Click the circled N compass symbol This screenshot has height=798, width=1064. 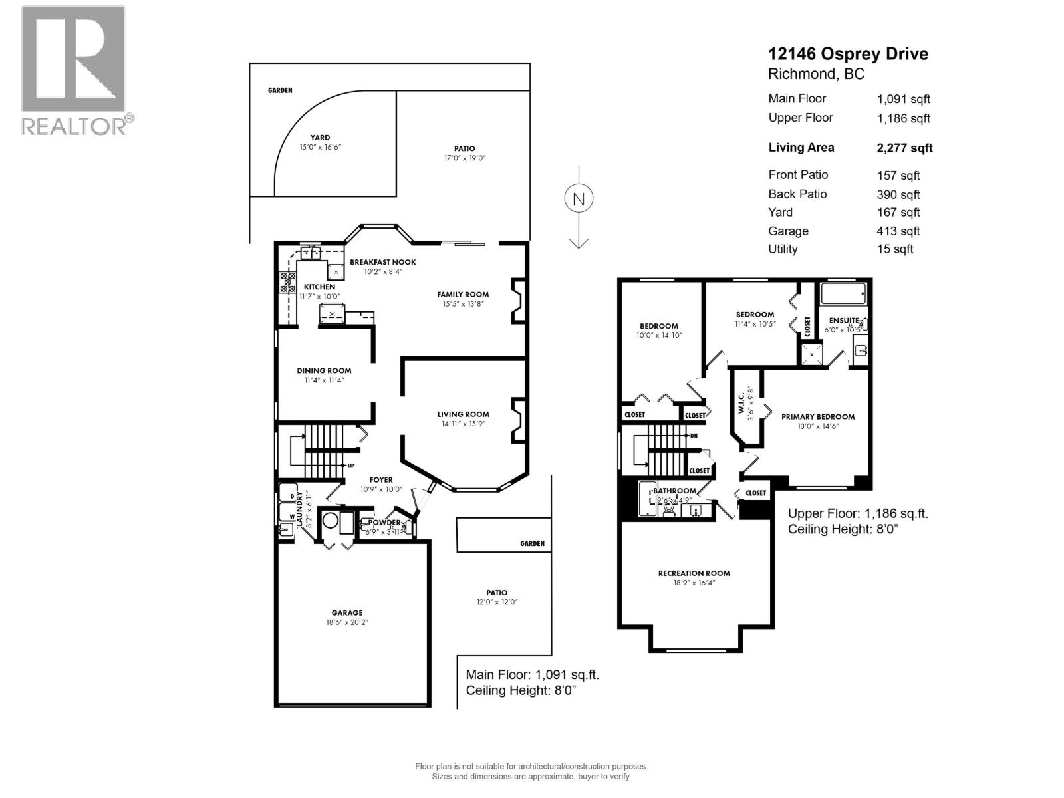tap(579, 199)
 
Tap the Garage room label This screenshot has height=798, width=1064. tap(347, 613)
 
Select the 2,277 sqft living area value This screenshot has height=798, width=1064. tap(904, 148)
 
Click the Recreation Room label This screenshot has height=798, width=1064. tap(694, 573)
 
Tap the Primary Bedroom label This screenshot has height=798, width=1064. tap(817, 417)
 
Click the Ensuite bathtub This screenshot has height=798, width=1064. tap(843, 293)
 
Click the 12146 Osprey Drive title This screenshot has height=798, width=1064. tap(848, 54)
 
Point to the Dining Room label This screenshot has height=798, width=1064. tap(324, 371)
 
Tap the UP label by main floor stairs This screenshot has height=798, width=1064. tap(350, 465)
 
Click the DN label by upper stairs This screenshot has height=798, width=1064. tap(694, 436)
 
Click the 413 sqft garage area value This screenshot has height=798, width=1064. tap(899, 231)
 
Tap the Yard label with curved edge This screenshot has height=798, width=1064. tap(320, 138)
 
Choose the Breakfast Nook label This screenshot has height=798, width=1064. tap(383, 262)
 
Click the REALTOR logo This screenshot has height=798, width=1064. tap(74, 70)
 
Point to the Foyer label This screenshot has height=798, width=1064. tap(381, 480)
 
